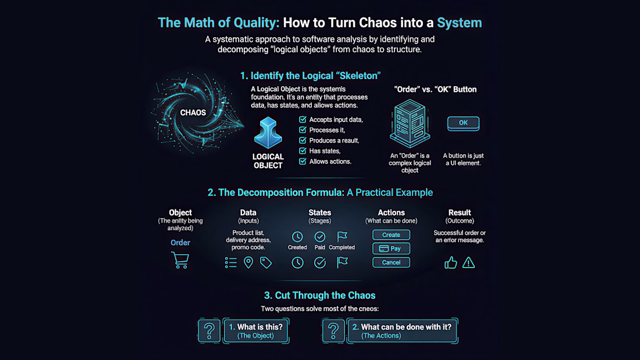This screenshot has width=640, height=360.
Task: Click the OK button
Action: coord(463,123)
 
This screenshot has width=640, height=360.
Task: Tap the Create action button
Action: coord(391,235)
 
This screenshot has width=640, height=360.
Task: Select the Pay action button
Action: coord(391,248)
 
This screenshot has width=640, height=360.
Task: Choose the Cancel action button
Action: coord(391,262)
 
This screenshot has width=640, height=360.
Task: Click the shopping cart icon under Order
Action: coord(180,260)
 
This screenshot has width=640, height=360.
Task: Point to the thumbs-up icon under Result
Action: coord(450,262)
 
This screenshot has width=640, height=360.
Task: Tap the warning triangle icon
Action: coord(468,263)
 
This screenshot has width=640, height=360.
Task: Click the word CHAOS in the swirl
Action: coord(193,113)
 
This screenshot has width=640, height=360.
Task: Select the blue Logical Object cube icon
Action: coord(268,133)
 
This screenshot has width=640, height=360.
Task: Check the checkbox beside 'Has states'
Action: coord(303,151)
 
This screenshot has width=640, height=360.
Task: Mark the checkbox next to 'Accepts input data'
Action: coord(303,119)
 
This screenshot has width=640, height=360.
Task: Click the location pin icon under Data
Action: coord(248,262)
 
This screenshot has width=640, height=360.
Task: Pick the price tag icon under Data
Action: coord(266,262)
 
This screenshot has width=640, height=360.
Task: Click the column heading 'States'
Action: coord(319,213)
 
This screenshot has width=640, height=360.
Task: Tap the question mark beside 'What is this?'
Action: coord(209,330)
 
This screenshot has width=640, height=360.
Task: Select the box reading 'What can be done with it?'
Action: coord(402,330)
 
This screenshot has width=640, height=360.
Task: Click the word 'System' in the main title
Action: coord(459,23)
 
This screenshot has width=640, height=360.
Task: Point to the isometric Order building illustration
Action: coord(410,123)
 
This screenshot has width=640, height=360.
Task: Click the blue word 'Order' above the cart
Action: coord(180,243)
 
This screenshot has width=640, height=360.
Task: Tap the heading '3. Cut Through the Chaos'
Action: coord(319,295)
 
